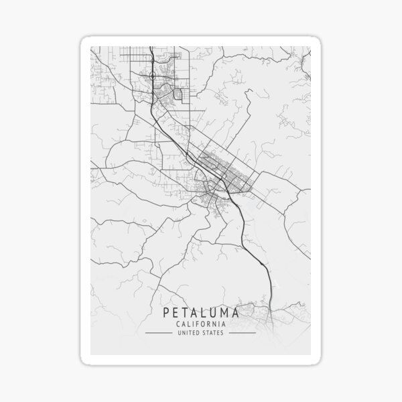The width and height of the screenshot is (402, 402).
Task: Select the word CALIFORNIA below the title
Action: [x=200, y=324]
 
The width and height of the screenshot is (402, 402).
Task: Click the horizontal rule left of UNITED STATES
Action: [x=159, y=332]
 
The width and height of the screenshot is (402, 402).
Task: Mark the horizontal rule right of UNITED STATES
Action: [x=241, y=332]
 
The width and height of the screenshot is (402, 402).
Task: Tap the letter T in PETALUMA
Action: [x=185, y=312]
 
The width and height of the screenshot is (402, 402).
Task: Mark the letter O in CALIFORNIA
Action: [x=204, y=324]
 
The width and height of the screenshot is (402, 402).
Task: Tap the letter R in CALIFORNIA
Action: [x=210, y=324]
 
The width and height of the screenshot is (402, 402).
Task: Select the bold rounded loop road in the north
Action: [x=178, y=94]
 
